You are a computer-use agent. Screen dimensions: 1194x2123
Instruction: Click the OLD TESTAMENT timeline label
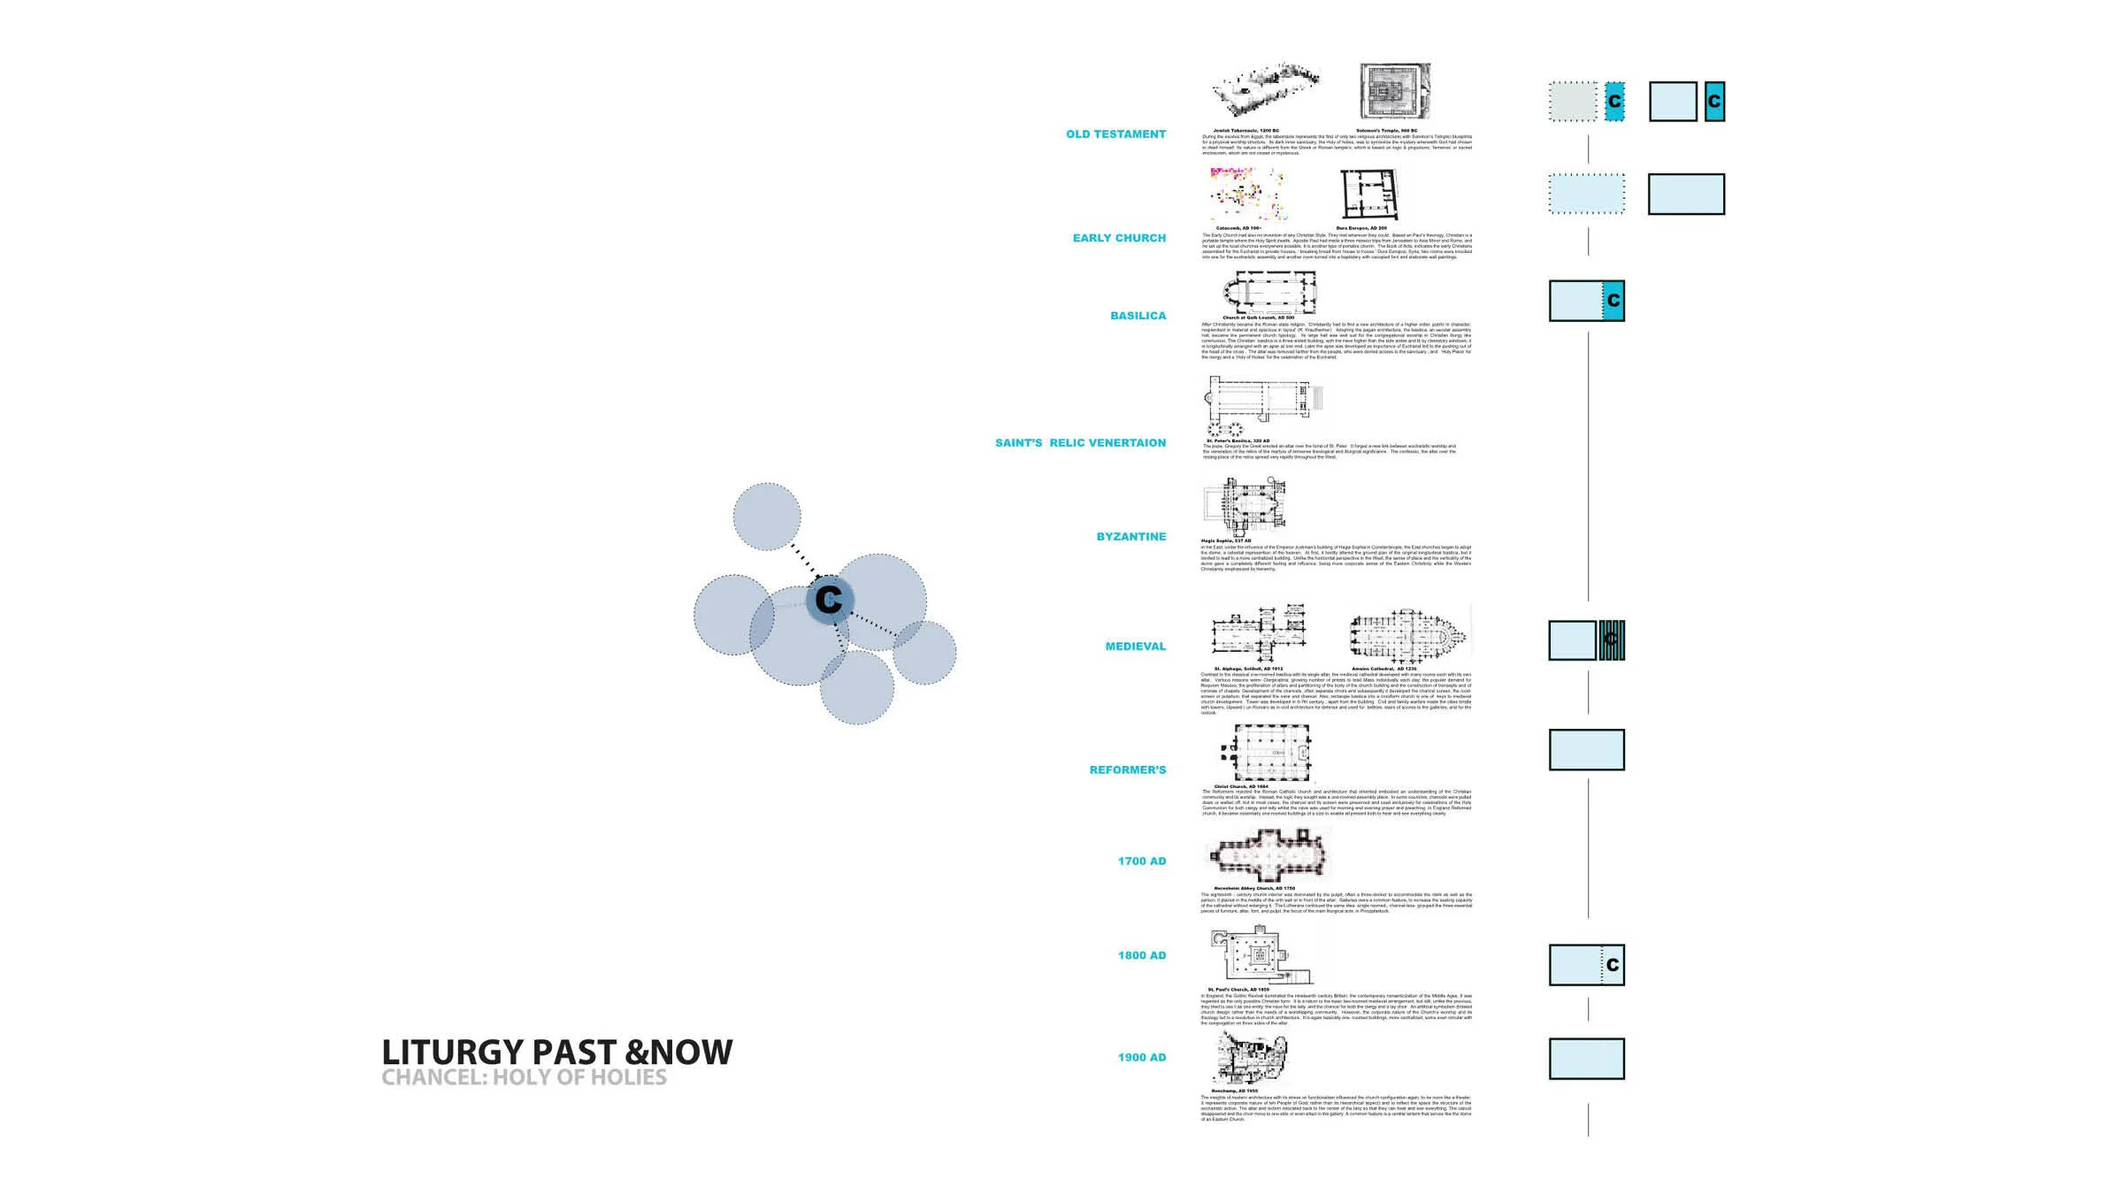[x=1115, y=134]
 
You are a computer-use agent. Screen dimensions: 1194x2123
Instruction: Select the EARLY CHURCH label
[x=1119, y=238]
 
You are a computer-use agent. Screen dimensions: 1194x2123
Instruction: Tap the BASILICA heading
[x=1138, y=316]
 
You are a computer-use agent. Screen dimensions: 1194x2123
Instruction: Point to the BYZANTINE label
[x=1130, y=537]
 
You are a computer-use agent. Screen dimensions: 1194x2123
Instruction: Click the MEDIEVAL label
[x=1135, y=647]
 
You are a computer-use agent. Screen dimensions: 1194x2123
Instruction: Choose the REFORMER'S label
[x=1127, y=770]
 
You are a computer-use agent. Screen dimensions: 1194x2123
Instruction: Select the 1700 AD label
[x=1141, y=861]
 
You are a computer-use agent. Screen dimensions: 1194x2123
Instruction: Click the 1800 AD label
[x=1141, y=955]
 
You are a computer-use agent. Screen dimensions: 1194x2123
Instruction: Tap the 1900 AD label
[x=1141, y=1058]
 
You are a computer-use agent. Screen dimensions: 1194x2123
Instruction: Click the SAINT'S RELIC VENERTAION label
[x=1080, y=443]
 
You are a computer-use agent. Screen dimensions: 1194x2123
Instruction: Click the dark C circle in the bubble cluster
[x=829, y=600]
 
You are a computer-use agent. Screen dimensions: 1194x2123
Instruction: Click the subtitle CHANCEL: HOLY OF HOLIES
[x=524, y=1077]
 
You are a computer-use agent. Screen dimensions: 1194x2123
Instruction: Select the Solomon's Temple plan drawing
[x=1394, y=91]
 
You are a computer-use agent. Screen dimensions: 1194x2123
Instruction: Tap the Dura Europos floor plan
[x=1369, y=195]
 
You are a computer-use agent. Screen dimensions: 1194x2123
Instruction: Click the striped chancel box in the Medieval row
[x=1611, y=640]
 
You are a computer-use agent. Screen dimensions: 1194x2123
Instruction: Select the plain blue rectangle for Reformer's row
[x=1586, y=750]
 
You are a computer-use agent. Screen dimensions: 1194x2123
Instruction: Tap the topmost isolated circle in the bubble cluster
[x=767, y=517]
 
